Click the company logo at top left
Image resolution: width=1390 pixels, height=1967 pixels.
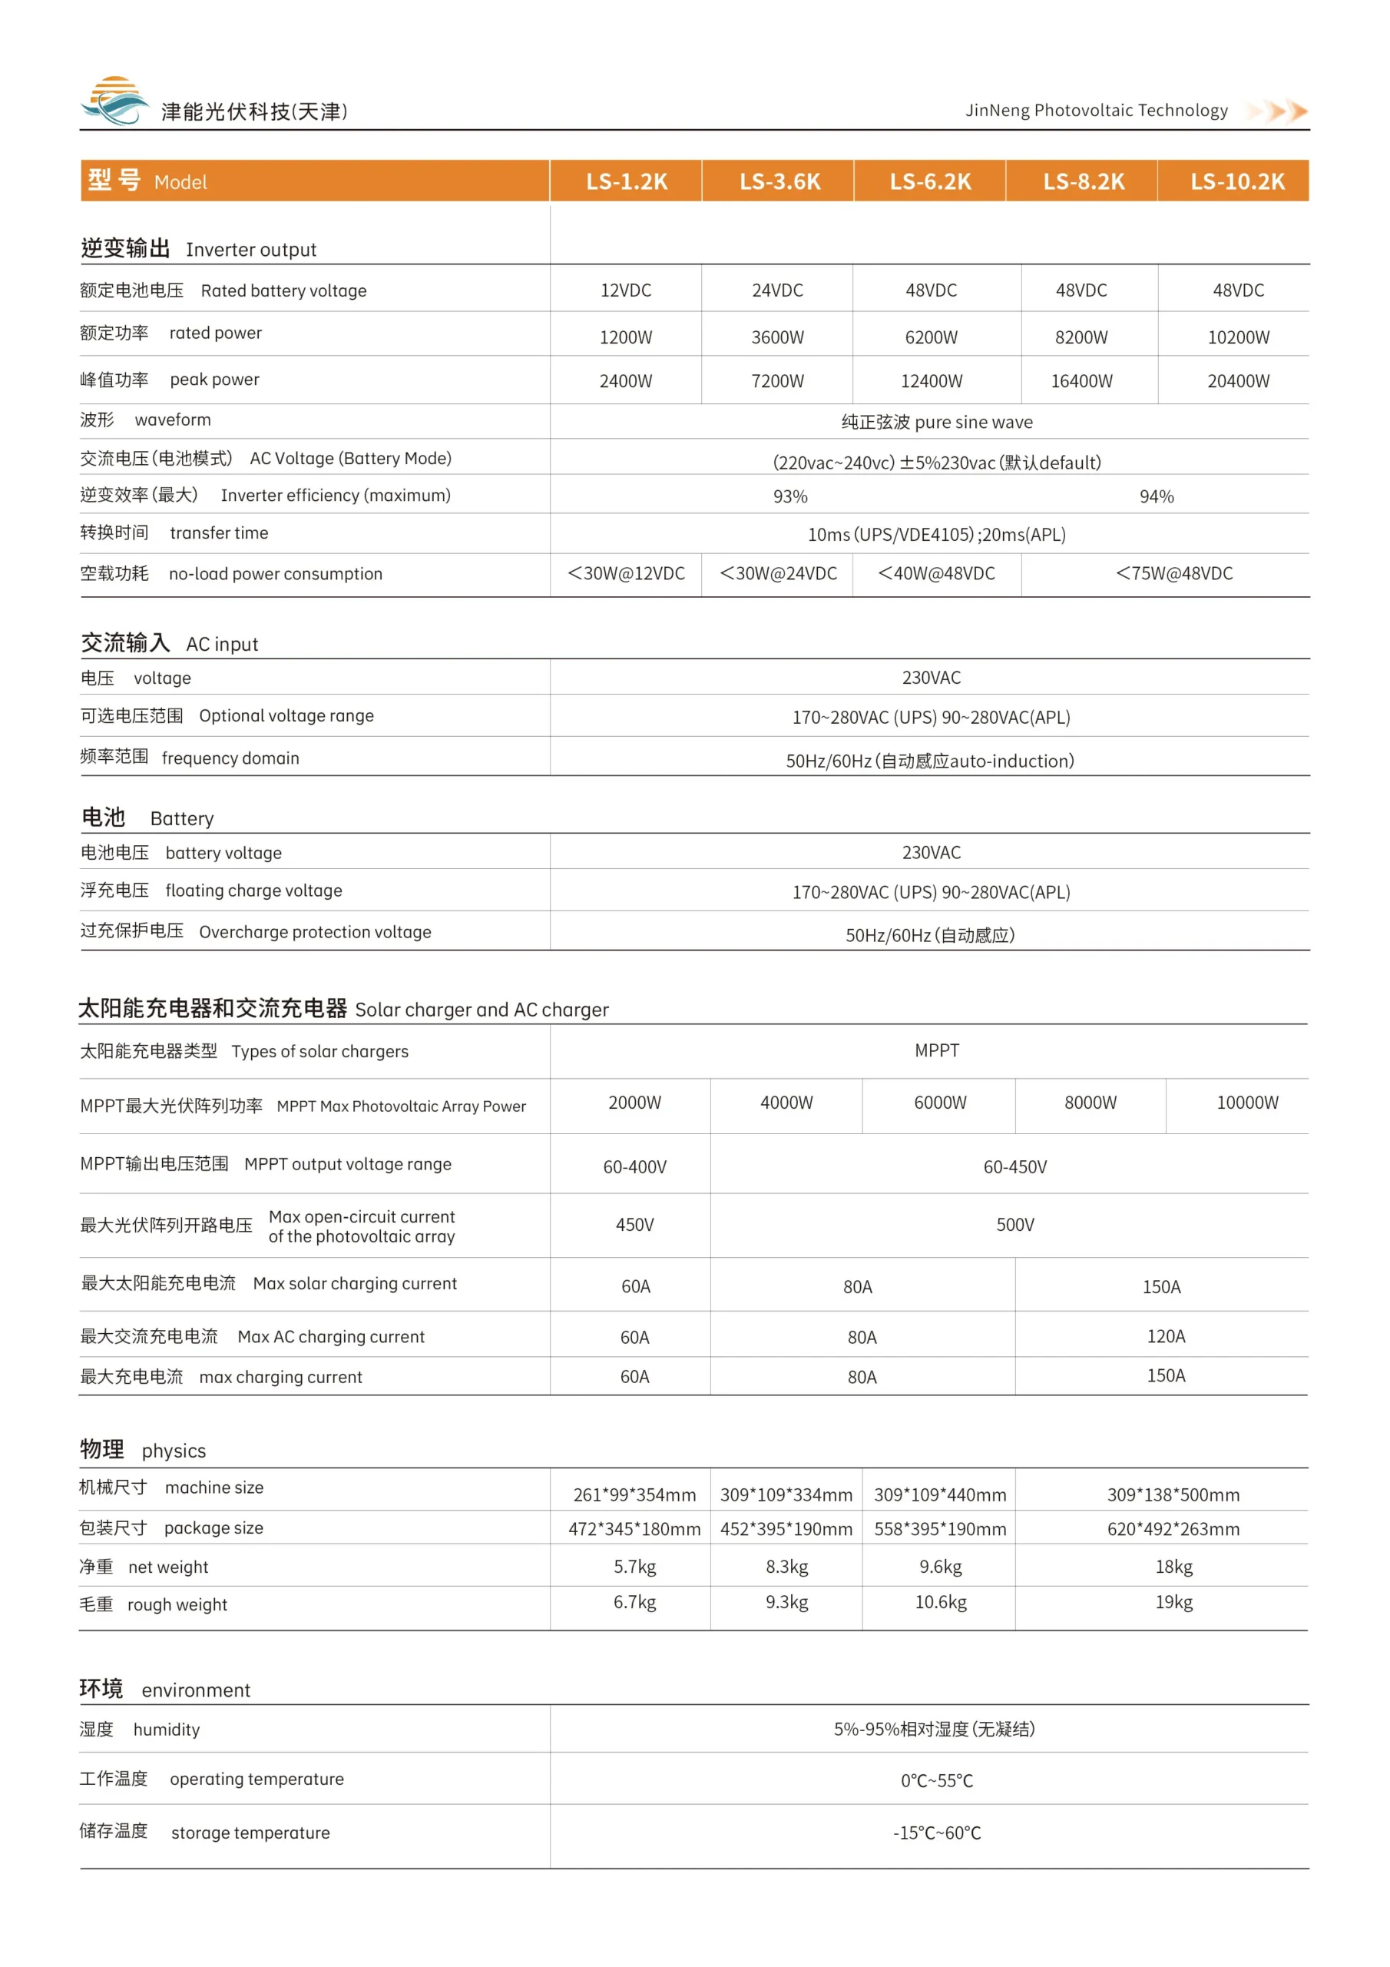click(x=114, y=101)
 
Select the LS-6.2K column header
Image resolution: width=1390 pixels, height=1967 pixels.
click(x=930, y=181)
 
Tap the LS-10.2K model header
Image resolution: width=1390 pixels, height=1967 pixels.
click(x=1236, y=181)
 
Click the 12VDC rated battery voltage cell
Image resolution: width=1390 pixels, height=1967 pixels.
click(x=625, y=290)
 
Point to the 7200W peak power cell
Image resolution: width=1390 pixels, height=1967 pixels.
click(x=778, y=381)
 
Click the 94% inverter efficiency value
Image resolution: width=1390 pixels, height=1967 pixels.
click(x=1157, y=497)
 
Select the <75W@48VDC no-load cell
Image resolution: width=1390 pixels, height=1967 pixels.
click(x=1173, y=574)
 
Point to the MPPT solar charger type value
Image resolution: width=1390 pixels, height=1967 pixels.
click(x=937, y=1050)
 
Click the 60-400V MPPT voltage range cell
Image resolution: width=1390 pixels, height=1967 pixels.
click(x=634, y=1167)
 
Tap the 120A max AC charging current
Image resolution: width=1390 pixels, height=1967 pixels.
click(x=1166, y=1336)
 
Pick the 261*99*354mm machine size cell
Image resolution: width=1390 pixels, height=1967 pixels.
click(x=634, y=1495)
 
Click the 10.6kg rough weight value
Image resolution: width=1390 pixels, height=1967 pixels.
click(x=941, y=1602)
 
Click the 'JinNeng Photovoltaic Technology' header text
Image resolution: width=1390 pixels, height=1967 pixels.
click(x=1096, y=111)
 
